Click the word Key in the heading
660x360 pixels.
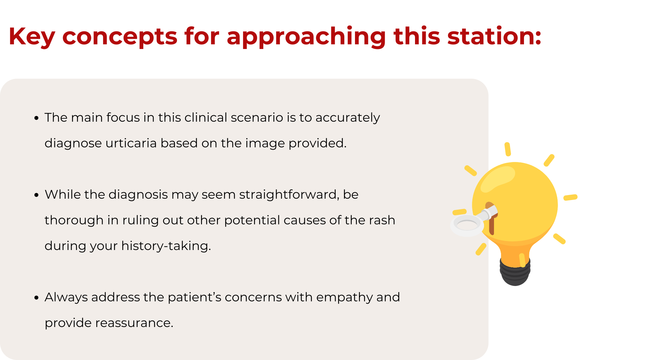[32, 37]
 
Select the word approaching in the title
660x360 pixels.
[306, 37]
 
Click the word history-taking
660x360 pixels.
[166, 246]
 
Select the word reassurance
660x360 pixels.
[134, 323]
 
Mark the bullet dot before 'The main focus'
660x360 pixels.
[37, 118]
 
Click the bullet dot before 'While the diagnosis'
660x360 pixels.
[37, 195]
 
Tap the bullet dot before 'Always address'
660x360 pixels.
[37, 298]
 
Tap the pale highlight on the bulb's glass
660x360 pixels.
[497, 178]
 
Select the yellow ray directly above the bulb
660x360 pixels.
[508, 149]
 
